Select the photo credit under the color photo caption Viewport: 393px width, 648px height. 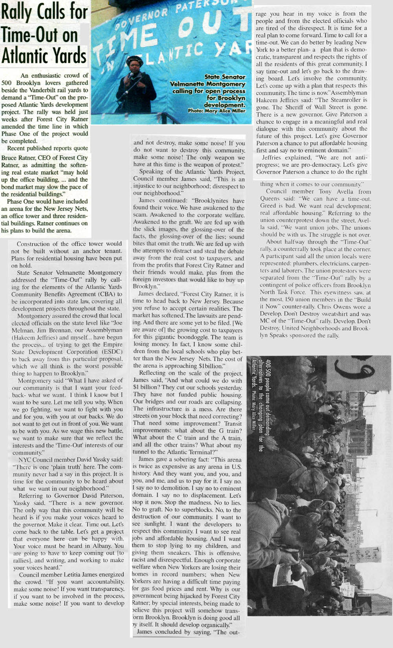217,111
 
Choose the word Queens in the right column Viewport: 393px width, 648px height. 271,199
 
